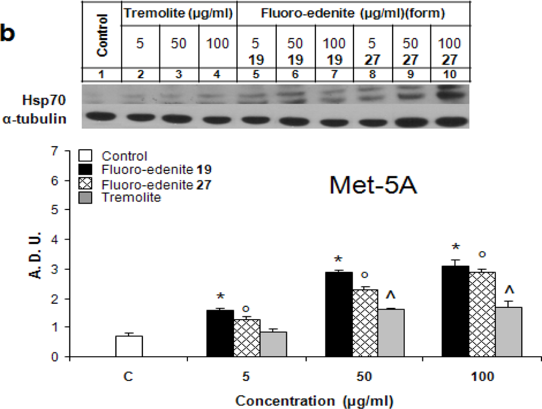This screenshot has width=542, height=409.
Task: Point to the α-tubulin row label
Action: coord(42,119)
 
